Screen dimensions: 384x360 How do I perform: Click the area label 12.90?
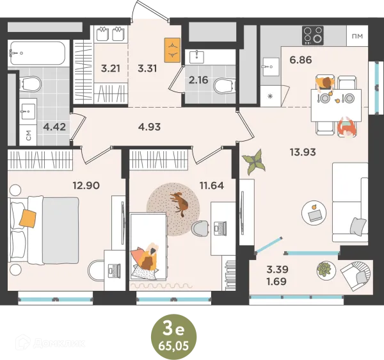coord(86,185)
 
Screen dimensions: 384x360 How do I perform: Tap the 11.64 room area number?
coord(212,186)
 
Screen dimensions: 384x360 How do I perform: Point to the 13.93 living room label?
coord(303,152)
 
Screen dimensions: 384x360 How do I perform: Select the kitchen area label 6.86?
coord(301,60)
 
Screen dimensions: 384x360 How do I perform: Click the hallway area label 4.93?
coord(149,127)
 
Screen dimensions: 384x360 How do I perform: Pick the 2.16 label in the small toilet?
coord(198,80)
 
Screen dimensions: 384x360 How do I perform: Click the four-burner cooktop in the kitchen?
coord(313,35)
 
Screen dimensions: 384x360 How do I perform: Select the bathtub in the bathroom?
coord(38,53)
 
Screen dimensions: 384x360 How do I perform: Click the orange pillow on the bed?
coord(28,218)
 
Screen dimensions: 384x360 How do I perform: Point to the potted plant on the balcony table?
coord(324,270)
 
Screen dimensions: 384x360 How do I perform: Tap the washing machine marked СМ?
coord(28,135)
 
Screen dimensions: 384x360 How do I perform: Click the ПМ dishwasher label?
coord(357,36)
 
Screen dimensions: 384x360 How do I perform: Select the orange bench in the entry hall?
coord(172,50)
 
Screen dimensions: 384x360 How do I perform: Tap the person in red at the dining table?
coord(346,127)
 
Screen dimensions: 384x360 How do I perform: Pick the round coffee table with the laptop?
coord(314,213)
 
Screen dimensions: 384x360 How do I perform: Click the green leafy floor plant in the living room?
coord(253,161)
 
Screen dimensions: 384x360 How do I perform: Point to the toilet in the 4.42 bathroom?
coord(30,83)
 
